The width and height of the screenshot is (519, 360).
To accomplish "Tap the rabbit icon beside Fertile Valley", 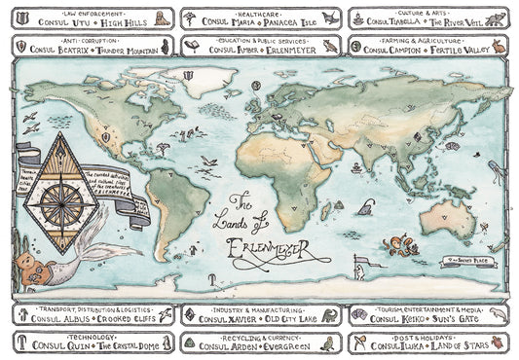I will (x=500, y=45).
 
